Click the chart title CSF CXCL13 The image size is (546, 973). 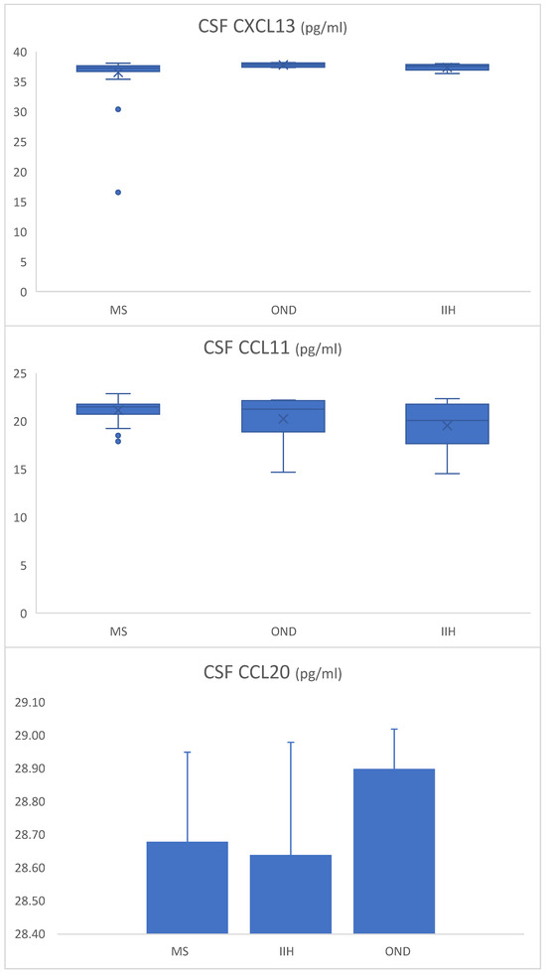pyautogui.click(x=271, y=27)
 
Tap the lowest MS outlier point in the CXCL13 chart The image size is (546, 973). pyautogui.click(x=118, y=193)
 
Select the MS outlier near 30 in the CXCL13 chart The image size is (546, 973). pyautogui.click(x=118, y=109)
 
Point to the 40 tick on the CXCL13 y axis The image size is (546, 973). pyautogui.click(x=21, y=52)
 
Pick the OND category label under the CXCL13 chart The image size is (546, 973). pyautogui.click(x=283, y=311)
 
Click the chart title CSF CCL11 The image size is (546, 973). pyautogui.click(x=271, y=348)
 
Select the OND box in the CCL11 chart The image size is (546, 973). pyautogui.click(x=283, y=416)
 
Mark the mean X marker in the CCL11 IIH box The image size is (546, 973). pyautogui.click(x=447, y=425)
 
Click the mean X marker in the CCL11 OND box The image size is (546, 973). pyautogui.click(x=283, y=419)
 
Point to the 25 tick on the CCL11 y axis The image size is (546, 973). pyautogui.click(x=21, y=373)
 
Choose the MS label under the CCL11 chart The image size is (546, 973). pyautogui.click(x=118, y=631)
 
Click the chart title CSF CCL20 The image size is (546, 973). pyautogui.click(x=271, y=673)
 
